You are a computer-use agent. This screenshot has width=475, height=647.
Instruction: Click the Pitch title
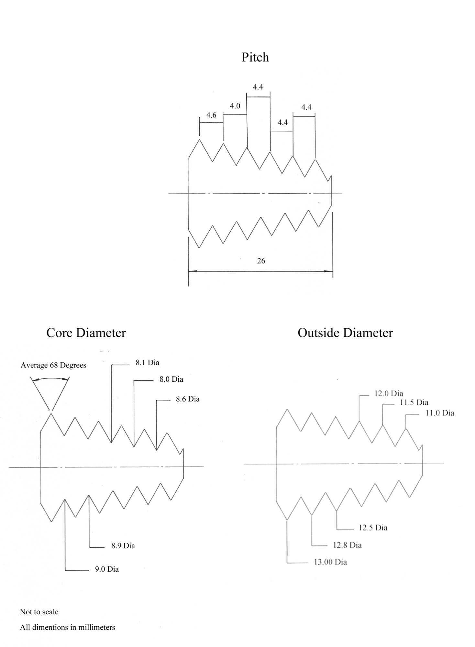pyautogui.click(x=255, y=57)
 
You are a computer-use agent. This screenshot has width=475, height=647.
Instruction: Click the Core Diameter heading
pyautogui.click(x=86, y=333)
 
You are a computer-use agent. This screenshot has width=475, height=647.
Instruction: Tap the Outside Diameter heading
pyautogui.click(x=345, y=333)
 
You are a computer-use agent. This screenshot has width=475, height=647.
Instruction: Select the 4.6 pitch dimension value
pyautogui.click(x=211, y=115)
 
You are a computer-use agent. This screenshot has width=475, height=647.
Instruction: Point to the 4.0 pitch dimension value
pyautogui.click(x=235, y=106)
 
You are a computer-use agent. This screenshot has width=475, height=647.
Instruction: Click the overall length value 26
pyautogui.click(x=261, y=261)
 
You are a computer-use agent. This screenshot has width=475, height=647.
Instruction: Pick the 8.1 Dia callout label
pyautogui.click(x=147, y=363)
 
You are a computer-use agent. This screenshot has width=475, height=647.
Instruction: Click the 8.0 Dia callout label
pyautogui.click(x=171, y=379)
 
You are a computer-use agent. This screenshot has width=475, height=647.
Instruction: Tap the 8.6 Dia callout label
pyautogui.click(x=188, y=399)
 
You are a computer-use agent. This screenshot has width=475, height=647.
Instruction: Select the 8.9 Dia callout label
pyautogui.click(x=123, y=546)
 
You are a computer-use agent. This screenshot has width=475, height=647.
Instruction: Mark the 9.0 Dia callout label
pyautogui.click(x=107, y=569)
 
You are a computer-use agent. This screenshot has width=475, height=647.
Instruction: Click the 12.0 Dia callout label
pyautogui.click(x=389, y=394)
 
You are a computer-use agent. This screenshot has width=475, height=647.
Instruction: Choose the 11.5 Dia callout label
pyautogui.click(x=414, y=403)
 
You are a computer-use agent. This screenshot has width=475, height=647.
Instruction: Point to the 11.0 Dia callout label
pyautogui.click(x=439, y=413)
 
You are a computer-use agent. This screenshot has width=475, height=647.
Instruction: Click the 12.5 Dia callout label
pyautogui.click(x=373, y=528)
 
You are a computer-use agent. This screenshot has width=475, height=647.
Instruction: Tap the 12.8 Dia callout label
pyautogui.click(x=347, y=545)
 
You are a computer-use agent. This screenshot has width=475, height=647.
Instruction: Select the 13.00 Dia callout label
pyautogui.click(x=330, y=562)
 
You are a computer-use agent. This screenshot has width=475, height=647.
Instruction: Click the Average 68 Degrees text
pyautogui.click(x=53, y=366)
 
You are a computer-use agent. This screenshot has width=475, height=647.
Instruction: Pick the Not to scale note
pyautogui.click(x=39, y=612)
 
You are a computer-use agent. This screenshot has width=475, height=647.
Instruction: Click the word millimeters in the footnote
pyautogui.click(x=97, y=628)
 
